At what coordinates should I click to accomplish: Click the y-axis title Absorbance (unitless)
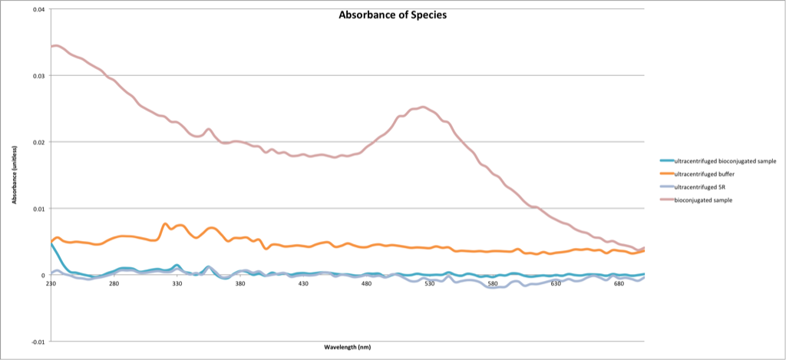click(x=15, y=174)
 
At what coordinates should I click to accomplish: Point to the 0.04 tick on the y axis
click(x=38, y=9)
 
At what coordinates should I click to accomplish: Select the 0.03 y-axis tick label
click(x=38, y=75)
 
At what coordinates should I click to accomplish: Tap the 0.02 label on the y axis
click(x=38, y=142)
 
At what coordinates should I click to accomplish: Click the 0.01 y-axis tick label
click(x=38, y=209)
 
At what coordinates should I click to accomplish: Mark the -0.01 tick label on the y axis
click(x=36, y=342)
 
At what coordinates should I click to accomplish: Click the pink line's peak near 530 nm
click(x=423, y=107)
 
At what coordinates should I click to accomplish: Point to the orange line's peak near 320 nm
click(x=165, y=224)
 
